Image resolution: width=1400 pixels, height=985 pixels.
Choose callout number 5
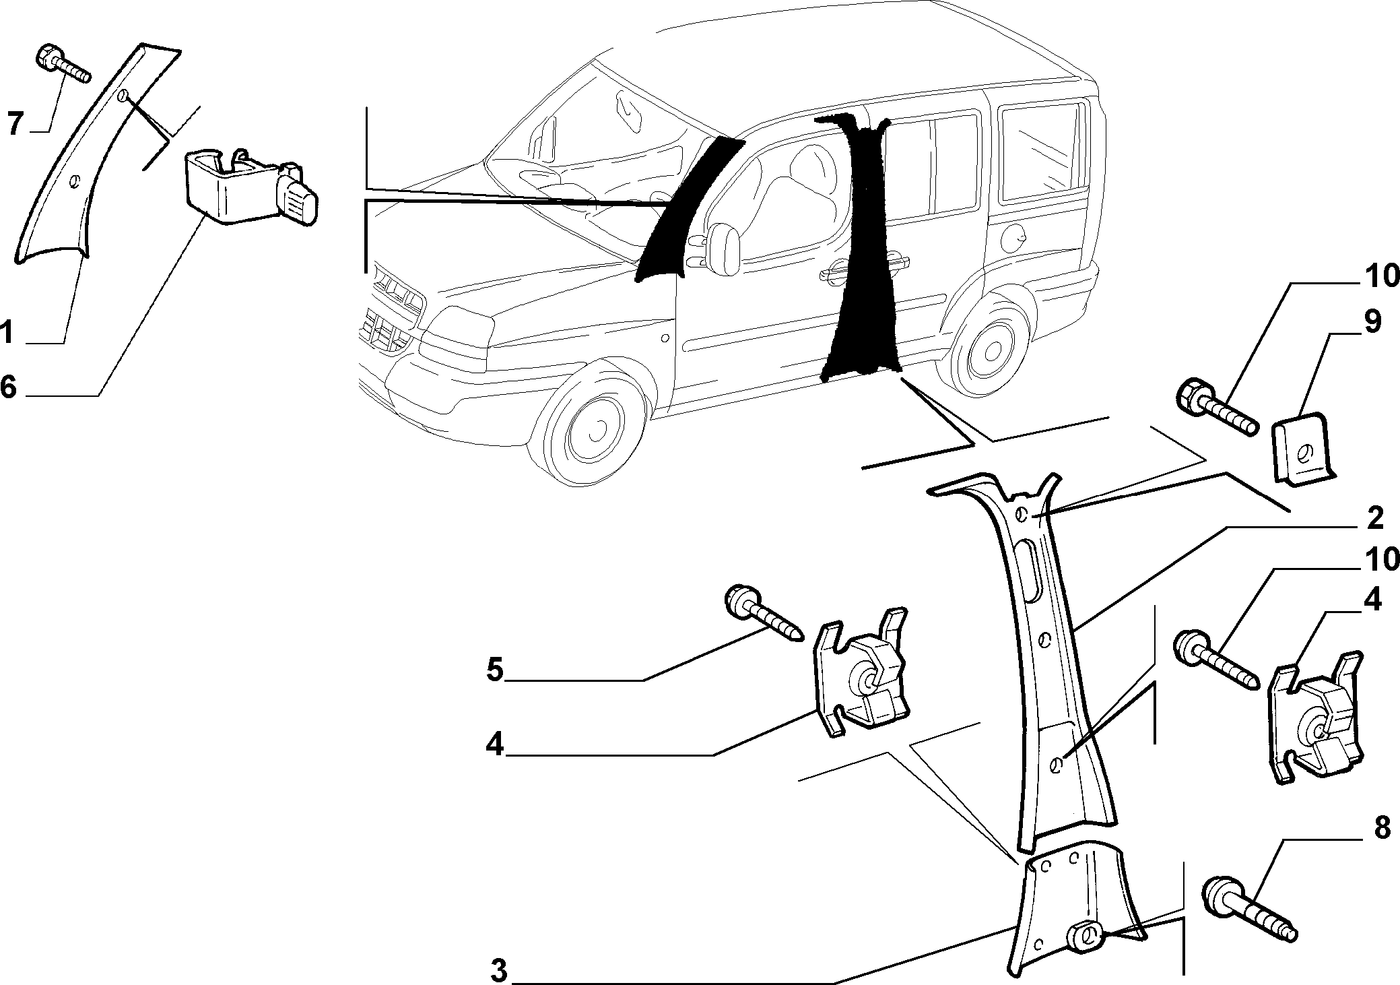tap(495, 670)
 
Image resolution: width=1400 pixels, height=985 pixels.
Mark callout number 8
tap(1381, 828)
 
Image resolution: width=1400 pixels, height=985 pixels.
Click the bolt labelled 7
tap(62, 63)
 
